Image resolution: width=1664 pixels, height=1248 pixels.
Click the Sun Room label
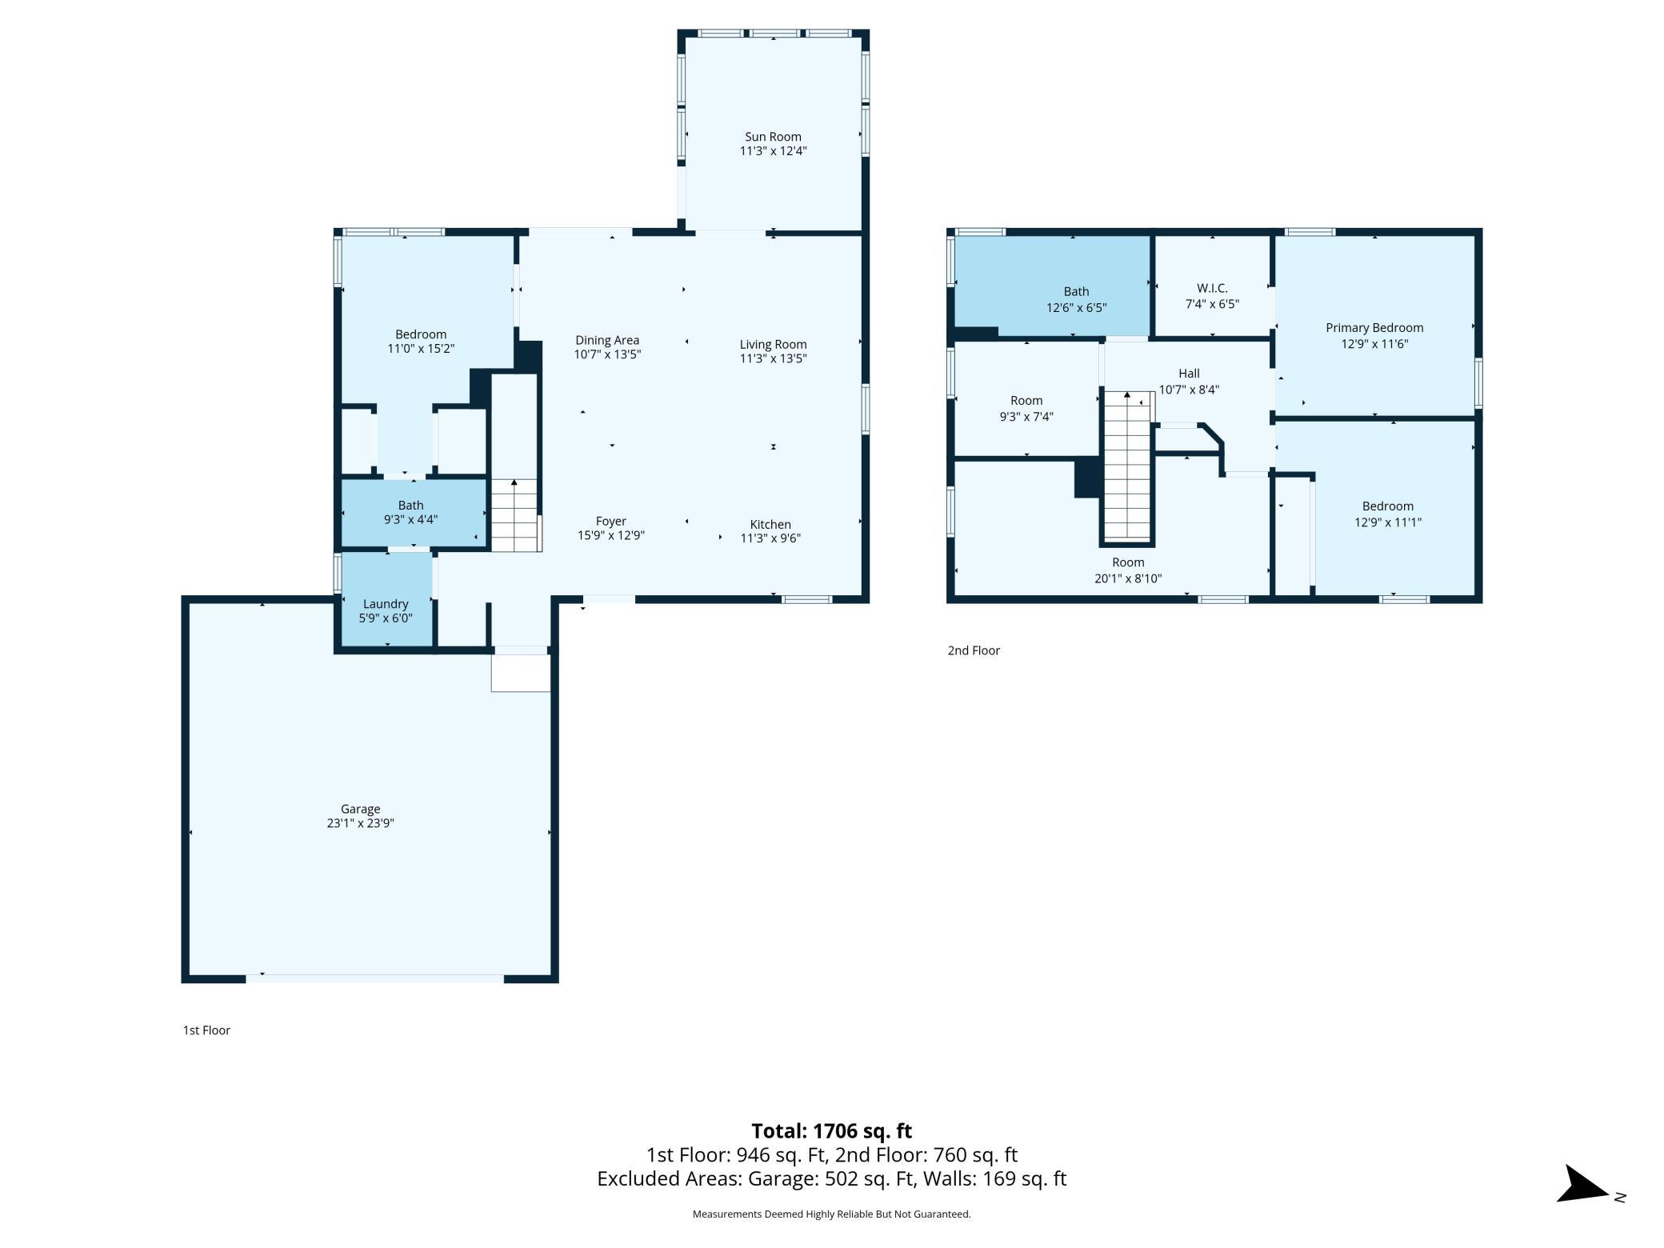point(773,137)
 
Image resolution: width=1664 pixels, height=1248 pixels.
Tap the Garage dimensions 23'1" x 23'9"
point(360,823)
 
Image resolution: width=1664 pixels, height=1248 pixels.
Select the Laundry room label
point(386,605)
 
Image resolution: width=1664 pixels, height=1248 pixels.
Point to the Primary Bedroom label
point(1374,328)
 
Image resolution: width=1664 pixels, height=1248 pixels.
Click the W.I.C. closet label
point(1212,288)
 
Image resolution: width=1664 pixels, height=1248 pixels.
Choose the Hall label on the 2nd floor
point(1189,374)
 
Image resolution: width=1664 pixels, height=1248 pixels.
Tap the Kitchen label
point(770,525)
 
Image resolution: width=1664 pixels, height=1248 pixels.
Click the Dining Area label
point(607,340)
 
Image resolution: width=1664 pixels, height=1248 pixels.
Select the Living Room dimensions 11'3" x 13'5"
point(773,358)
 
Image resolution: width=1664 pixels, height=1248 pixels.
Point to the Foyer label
point(611,522)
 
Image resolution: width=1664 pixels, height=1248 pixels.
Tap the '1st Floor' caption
point(206,1030)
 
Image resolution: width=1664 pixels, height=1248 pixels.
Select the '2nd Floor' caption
point(974,650)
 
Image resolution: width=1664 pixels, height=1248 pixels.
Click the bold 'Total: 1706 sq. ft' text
point(831,1131)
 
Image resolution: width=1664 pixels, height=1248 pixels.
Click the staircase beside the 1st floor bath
point(515,515)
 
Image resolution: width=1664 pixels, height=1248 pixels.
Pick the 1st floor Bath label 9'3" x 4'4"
point(410,512)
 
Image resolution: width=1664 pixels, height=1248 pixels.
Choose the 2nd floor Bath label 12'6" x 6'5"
point(1076,299)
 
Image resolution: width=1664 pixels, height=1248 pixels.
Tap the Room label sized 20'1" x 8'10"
point(1128,570)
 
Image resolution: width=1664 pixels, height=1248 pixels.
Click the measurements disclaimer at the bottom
point(831,1214)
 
